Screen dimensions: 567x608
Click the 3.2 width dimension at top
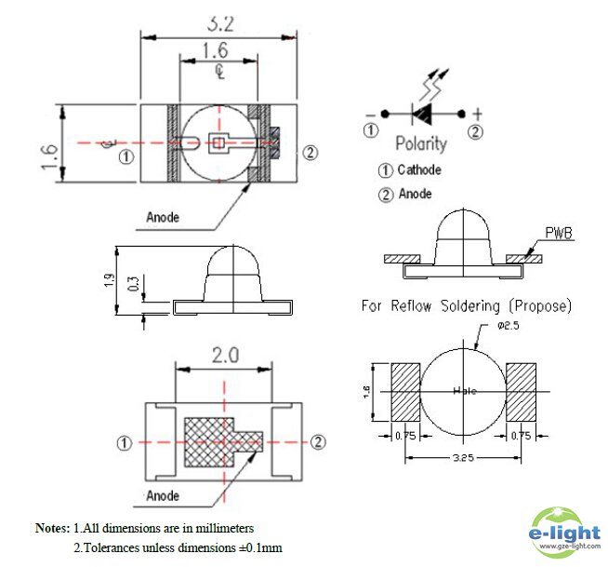[220, 20]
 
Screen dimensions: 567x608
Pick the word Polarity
[421, 143]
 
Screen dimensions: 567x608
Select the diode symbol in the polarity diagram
[423, 114]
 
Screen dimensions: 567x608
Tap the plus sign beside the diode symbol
[477, 114]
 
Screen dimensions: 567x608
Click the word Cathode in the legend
[418, 170]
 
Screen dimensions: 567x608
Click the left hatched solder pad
[406, 391]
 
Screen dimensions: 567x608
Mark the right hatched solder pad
[522, 391]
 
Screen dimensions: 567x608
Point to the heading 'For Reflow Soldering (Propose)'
[466, 305]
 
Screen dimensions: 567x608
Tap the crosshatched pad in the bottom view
[214, 440]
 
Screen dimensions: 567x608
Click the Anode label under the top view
[163, 217]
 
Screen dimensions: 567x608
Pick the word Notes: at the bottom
[53, 528]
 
